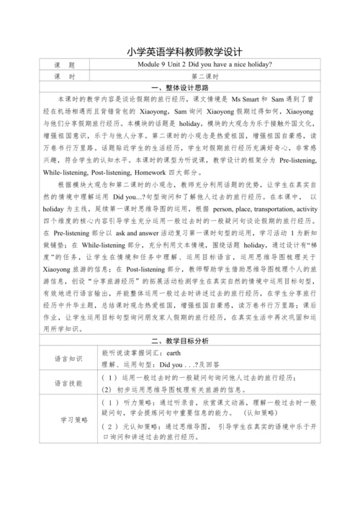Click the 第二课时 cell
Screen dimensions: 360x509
tap(208, 76)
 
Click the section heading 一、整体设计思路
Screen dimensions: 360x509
tap(181, 86)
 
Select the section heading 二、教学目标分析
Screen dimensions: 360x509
tap(181, 341)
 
